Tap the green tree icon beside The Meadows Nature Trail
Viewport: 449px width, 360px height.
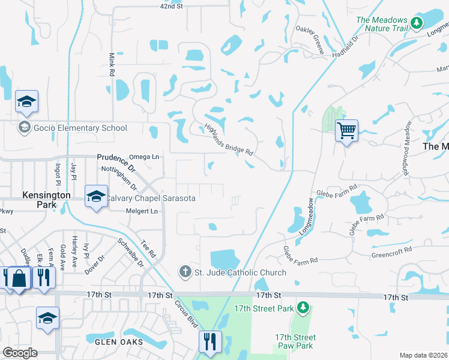417,24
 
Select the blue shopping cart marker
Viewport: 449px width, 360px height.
346,130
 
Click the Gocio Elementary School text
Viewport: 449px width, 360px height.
80,128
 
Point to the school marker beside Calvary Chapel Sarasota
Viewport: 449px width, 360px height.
96,197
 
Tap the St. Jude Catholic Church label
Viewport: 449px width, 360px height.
240,272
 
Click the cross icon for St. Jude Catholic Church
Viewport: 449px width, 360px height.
186,272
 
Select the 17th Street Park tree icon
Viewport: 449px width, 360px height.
304,308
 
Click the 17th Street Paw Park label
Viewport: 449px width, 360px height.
295,341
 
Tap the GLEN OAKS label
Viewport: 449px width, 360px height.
119,342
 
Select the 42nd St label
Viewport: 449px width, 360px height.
170,6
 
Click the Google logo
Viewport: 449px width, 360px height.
20,353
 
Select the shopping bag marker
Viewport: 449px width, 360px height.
19,279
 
